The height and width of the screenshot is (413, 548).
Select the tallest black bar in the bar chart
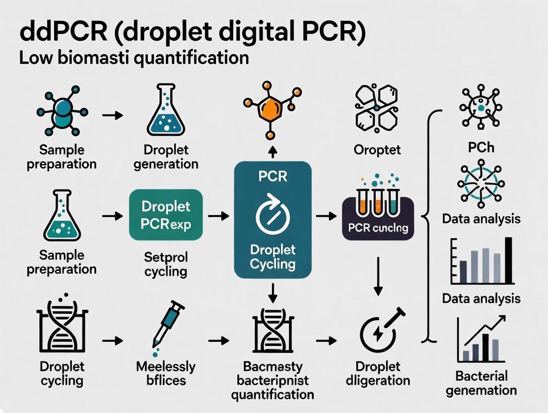[508, 259]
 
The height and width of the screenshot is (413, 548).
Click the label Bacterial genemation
[481, 382]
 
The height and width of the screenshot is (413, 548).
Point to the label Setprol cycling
[165, 264]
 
